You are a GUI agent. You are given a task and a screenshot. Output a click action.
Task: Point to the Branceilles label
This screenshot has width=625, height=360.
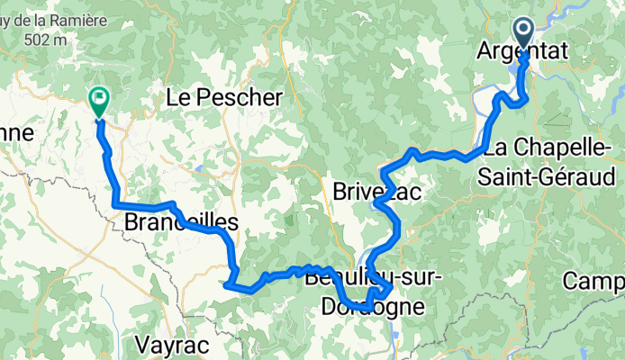(x=180, y=222)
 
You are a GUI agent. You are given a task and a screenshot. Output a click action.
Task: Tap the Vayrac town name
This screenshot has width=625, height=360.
(x=171, y=344)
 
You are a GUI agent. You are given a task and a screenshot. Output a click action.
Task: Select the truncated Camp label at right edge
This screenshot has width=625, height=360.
(x=595, y=282)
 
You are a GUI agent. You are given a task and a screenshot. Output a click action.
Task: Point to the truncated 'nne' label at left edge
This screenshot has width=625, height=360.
(x=16, y=134)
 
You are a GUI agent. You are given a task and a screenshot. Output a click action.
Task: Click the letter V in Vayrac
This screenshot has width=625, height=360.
(x=141, y=344)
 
